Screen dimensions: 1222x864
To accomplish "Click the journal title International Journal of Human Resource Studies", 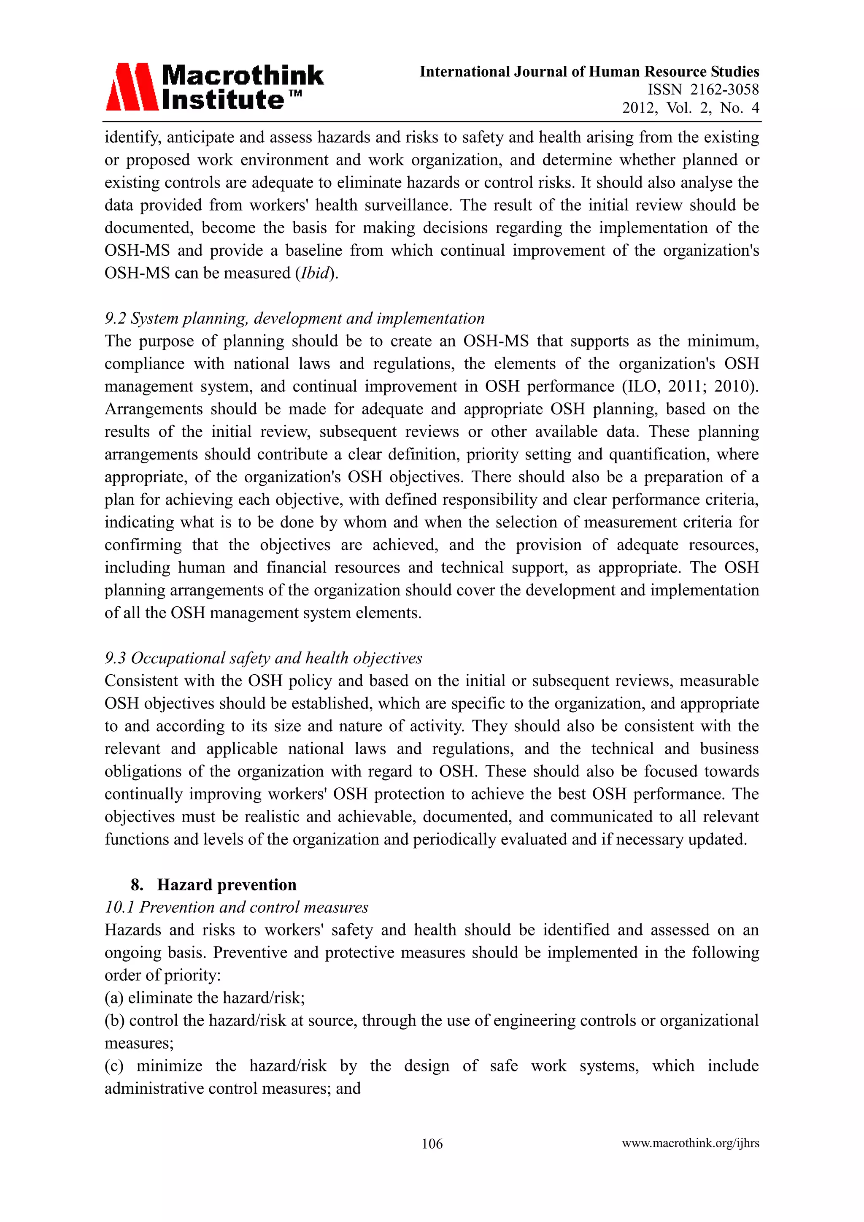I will [x=589, y=71].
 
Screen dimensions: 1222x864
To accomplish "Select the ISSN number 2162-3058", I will [x=724, y=89].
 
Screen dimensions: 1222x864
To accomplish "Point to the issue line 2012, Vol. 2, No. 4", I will [x=690, y=108].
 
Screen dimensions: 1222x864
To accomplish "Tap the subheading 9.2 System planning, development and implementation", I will [x=294, y=318].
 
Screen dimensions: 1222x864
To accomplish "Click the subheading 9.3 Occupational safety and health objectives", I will [x=263, y=658].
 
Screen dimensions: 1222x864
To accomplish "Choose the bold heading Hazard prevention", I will [x=227, y=884].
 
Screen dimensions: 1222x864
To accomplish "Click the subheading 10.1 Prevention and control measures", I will [x=236, y=907].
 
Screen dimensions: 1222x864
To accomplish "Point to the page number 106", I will [x=432, y=1143].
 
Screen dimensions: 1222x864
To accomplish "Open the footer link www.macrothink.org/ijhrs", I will [x=690, y=1143].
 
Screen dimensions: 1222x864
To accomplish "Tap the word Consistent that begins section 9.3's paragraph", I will [x=140, y=680].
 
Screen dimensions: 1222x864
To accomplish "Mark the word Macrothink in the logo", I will [x=243, y=76].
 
